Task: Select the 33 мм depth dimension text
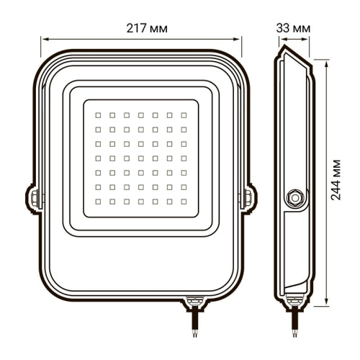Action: pyautogui.click(x=293, y=27)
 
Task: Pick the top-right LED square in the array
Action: pyautogui.click(x=184, y=114)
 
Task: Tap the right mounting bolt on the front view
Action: pyautogui.click(x=248, y=196)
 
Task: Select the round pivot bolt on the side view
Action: pyautogui.click(x=294, y=197)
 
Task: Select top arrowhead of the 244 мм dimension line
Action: pyautogui.click(x=328, y=60)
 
